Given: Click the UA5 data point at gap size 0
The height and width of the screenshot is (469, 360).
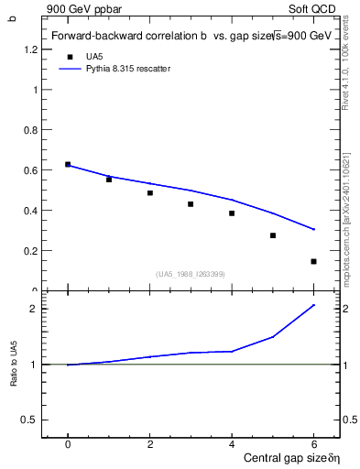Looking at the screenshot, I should point(68,164).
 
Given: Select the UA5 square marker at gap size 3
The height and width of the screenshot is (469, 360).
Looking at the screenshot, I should point(191,203).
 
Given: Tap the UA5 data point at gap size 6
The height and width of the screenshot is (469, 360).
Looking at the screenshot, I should point(313,261).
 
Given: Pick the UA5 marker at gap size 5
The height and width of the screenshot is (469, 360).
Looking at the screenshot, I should point(272,235).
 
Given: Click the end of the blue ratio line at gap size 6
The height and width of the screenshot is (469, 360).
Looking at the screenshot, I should point(313,305).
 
